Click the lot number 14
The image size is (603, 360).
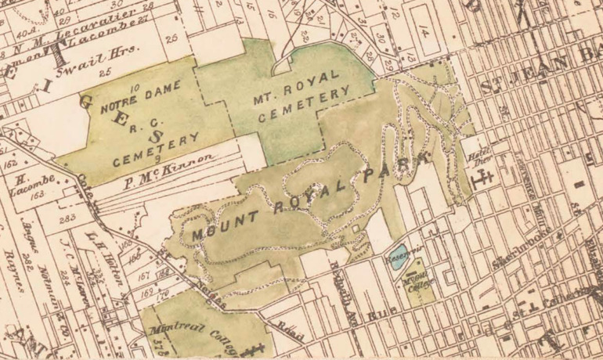tap(423, 34)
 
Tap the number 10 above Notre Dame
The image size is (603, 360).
tap(135, 91)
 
